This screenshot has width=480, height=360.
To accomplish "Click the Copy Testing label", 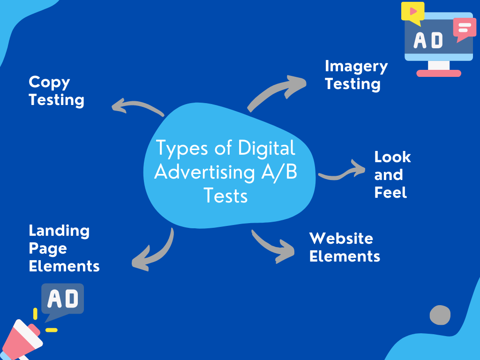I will point(56,91).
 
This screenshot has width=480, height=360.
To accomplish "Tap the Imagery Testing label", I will point(356,75).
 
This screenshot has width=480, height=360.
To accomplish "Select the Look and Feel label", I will point(392,174).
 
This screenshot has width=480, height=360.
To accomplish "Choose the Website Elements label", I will point(345,247).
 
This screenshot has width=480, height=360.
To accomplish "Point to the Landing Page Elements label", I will point(64,248).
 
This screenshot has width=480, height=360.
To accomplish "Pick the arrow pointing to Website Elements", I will point(272,246).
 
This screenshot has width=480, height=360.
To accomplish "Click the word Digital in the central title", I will point(267,149).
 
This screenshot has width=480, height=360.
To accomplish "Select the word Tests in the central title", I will point(226,195).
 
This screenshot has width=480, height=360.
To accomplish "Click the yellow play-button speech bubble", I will point(412,12).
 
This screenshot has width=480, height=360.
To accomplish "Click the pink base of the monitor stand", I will point(439,73).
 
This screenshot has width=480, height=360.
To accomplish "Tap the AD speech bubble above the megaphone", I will point(62,299).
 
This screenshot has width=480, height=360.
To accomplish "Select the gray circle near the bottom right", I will point(440,315).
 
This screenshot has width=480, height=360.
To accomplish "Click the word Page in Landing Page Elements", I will point(48,248).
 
